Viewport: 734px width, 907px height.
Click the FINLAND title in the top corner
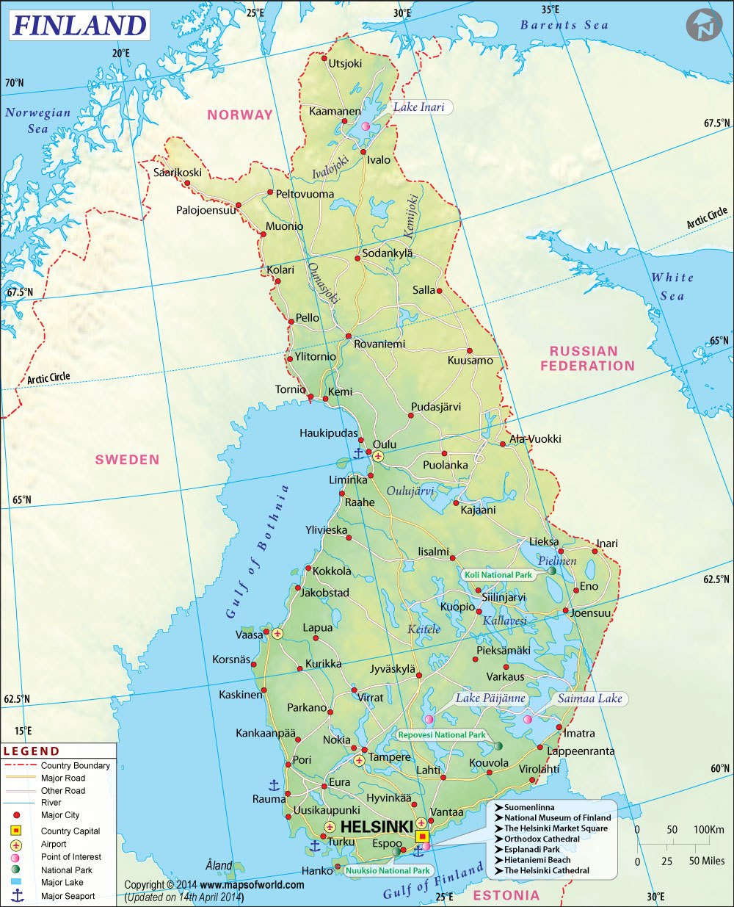[x=79, y=26]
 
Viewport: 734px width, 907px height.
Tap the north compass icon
[x=704, y=26]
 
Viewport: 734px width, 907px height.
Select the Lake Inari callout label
[x=419, y=107]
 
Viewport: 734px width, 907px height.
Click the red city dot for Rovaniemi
[x=349, y=336]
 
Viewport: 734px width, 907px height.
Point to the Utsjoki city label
[x=345, y=63]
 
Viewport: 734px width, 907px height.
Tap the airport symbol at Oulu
[x=378, y=456]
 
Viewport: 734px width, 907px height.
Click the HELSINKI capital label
[x=377, y=827]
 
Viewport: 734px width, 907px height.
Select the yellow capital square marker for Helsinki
[x=422, y=836]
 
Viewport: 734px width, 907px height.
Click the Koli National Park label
[x=498, y=575]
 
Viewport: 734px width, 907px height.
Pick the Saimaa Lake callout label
[x=589, y=698]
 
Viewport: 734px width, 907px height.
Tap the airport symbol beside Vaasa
[x=277, y=633]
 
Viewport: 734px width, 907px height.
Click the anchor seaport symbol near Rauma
[x=274, y=785]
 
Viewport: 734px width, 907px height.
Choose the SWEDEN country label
[x=127, y=460]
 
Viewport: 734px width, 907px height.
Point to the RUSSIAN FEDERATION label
[x=587, y=358]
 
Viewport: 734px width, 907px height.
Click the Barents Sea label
[x=564, y=25]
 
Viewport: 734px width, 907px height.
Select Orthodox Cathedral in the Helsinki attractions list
[x=542, y=839]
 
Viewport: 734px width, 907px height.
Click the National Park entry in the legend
[x=67, y=870]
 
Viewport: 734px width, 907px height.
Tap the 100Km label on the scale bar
[x=709, y=830]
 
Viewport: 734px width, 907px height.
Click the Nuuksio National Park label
[x=387, y=870]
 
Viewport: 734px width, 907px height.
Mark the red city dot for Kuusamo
[x=470, y=350]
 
